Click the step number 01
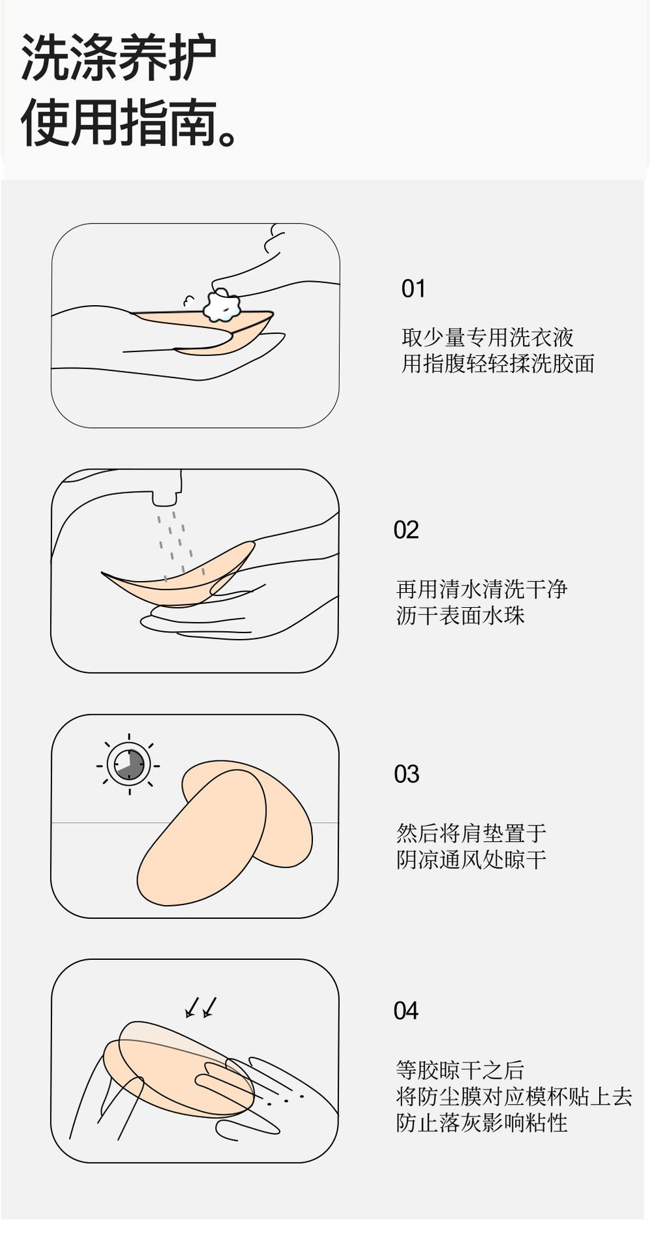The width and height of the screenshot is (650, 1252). click(x=413, y=288)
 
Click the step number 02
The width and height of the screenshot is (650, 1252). click(x=406, y=529)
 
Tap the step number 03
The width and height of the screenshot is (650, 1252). click(x=406, y=774)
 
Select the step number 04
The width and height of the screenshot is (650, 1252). click(x=406, y=1011)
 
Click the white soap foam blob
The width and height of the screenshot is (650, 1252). click(x=222, y=306)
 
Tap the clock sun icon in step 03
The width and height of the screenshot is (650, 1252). click(x=129, y=764)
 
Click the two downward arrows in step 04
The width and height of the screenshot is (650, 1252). click(x=201, y=1007)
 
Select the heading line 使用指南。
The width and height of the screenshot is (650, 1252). click(x=130, y=123)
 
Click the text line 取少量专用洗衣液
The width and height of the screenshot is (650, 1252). click(x=487, y=337)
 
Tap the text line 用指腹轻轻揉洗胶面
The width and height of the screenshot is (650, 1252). click(x=497, y=363)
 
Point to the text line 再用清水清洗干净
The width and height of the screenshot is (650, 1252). click(x=482, y=589)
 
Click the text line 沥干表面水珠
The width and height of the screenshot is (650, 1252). click(x=460, y=615)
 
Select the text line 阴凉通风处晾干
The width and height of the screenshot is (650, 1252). click(x=471, y=859)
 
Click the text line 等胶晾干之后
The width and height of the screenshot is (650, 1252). click(x=460, y=1070)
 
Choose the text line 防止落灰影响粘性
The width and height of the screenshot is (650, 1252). click(x=482, y=1122)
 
